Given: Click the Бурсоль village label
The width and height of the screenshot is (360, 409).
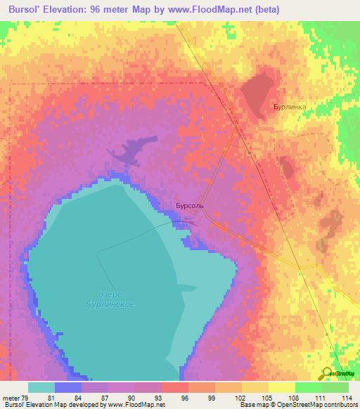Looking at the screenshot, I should (190, 207).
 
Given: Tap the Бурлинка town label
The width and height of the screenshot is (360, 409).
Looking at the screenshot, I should (290, 108).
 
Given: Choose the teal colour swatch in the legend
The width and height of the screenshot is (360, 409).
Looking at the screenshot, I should (41, 387).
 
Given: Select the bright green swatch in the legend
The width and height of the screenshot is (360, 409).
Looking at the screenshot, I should (308, 387).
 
